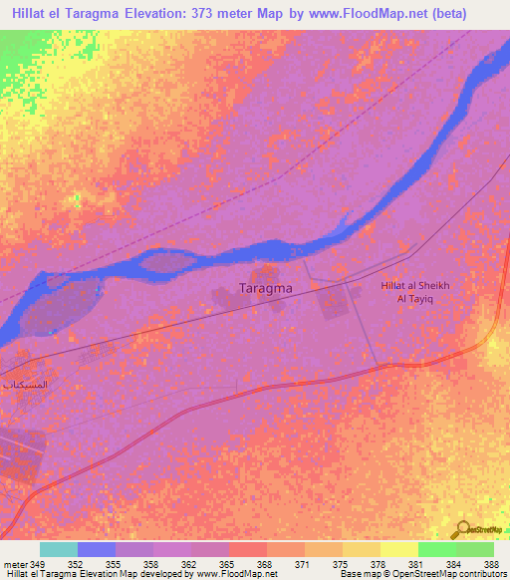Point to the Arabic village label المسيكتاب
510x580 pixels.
click(x=27, y=385)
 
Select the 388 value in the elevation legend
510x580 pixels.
click(x=492, y=562)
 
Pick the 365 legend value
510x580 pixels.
click(x=227, y=562)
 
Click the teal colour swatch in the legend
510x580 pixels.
click(x=59, y=549)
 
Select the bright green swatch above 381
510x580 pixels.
click(x=436, y=549)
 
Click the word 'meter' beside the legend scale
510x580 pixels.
click(x=15, y=562)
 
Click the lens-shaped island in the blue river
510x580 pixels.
click(x=166, y=262)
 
